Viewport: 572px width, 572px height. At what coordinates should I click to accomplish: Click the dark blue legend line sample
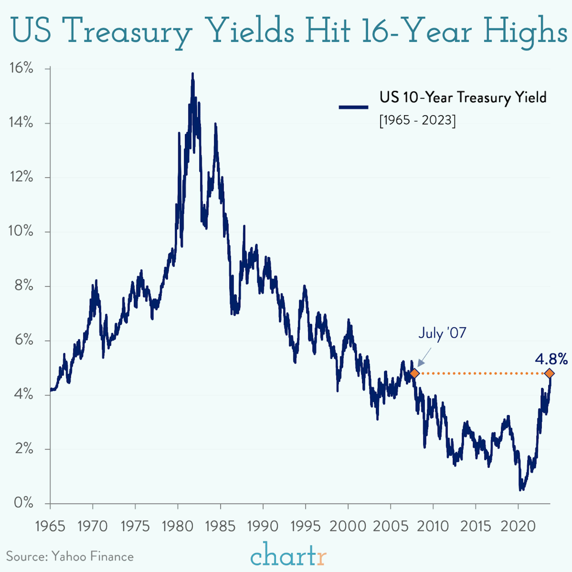pyautogui.click(x=353, y=107)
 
